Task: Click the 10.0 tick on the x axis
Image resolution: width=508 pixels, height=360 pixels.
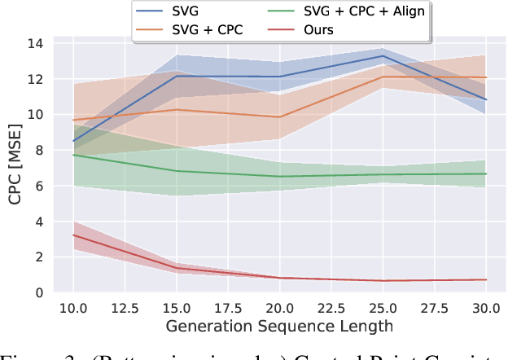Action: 73,309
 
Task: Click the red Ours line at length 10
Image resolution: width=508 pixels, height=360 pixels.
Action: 73,235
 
